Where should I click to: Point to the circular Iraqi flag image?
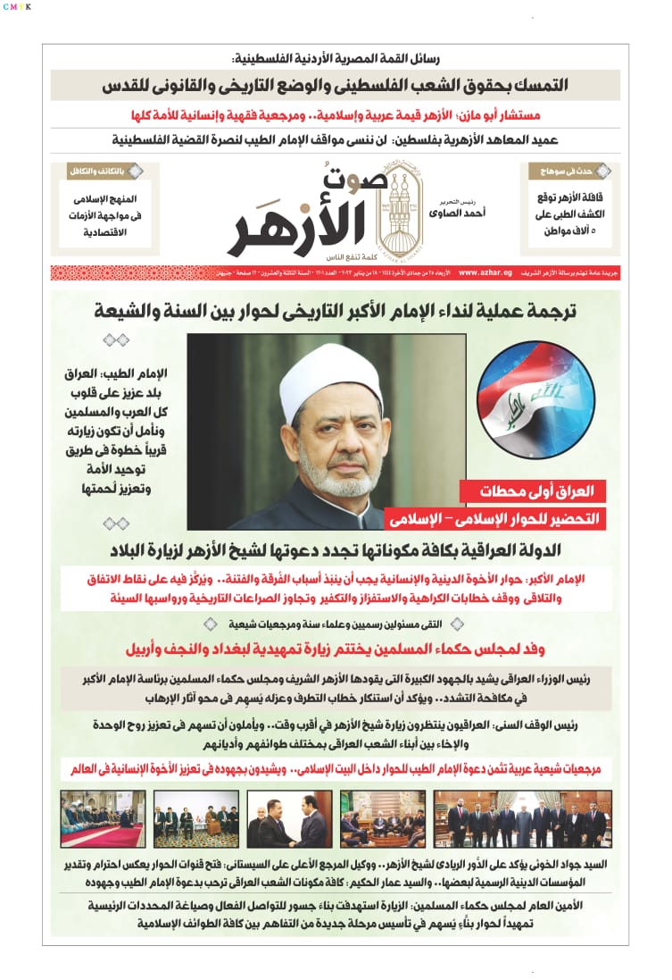pyautogui.click(x=535, y=399)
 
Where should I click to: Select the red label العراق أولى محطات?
pyautogui.click(x=533, y=490)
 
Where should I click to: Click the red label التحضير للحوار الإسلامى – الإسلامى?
pyautogui.click(x=495, y=518)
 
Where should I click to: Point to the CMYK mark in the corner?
pyautogui.click(x=16, y=6)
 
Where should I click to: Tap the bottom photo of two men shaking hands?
pyautogui.click(x=288, y=819)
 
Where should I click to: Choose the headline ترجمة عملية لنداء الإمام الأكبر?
pyautogui.click(x=336, y=312)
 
